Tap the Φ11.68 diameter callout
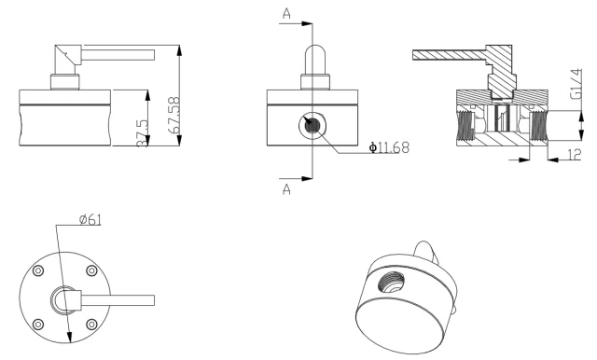376,147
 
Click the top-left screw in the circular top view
38,271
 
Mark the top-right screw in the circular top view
91,271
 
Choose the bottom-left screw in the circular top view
38,324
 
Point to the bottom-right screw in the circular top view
91,324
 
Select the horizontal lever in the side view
117,57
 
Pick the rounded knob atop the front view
312,56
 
